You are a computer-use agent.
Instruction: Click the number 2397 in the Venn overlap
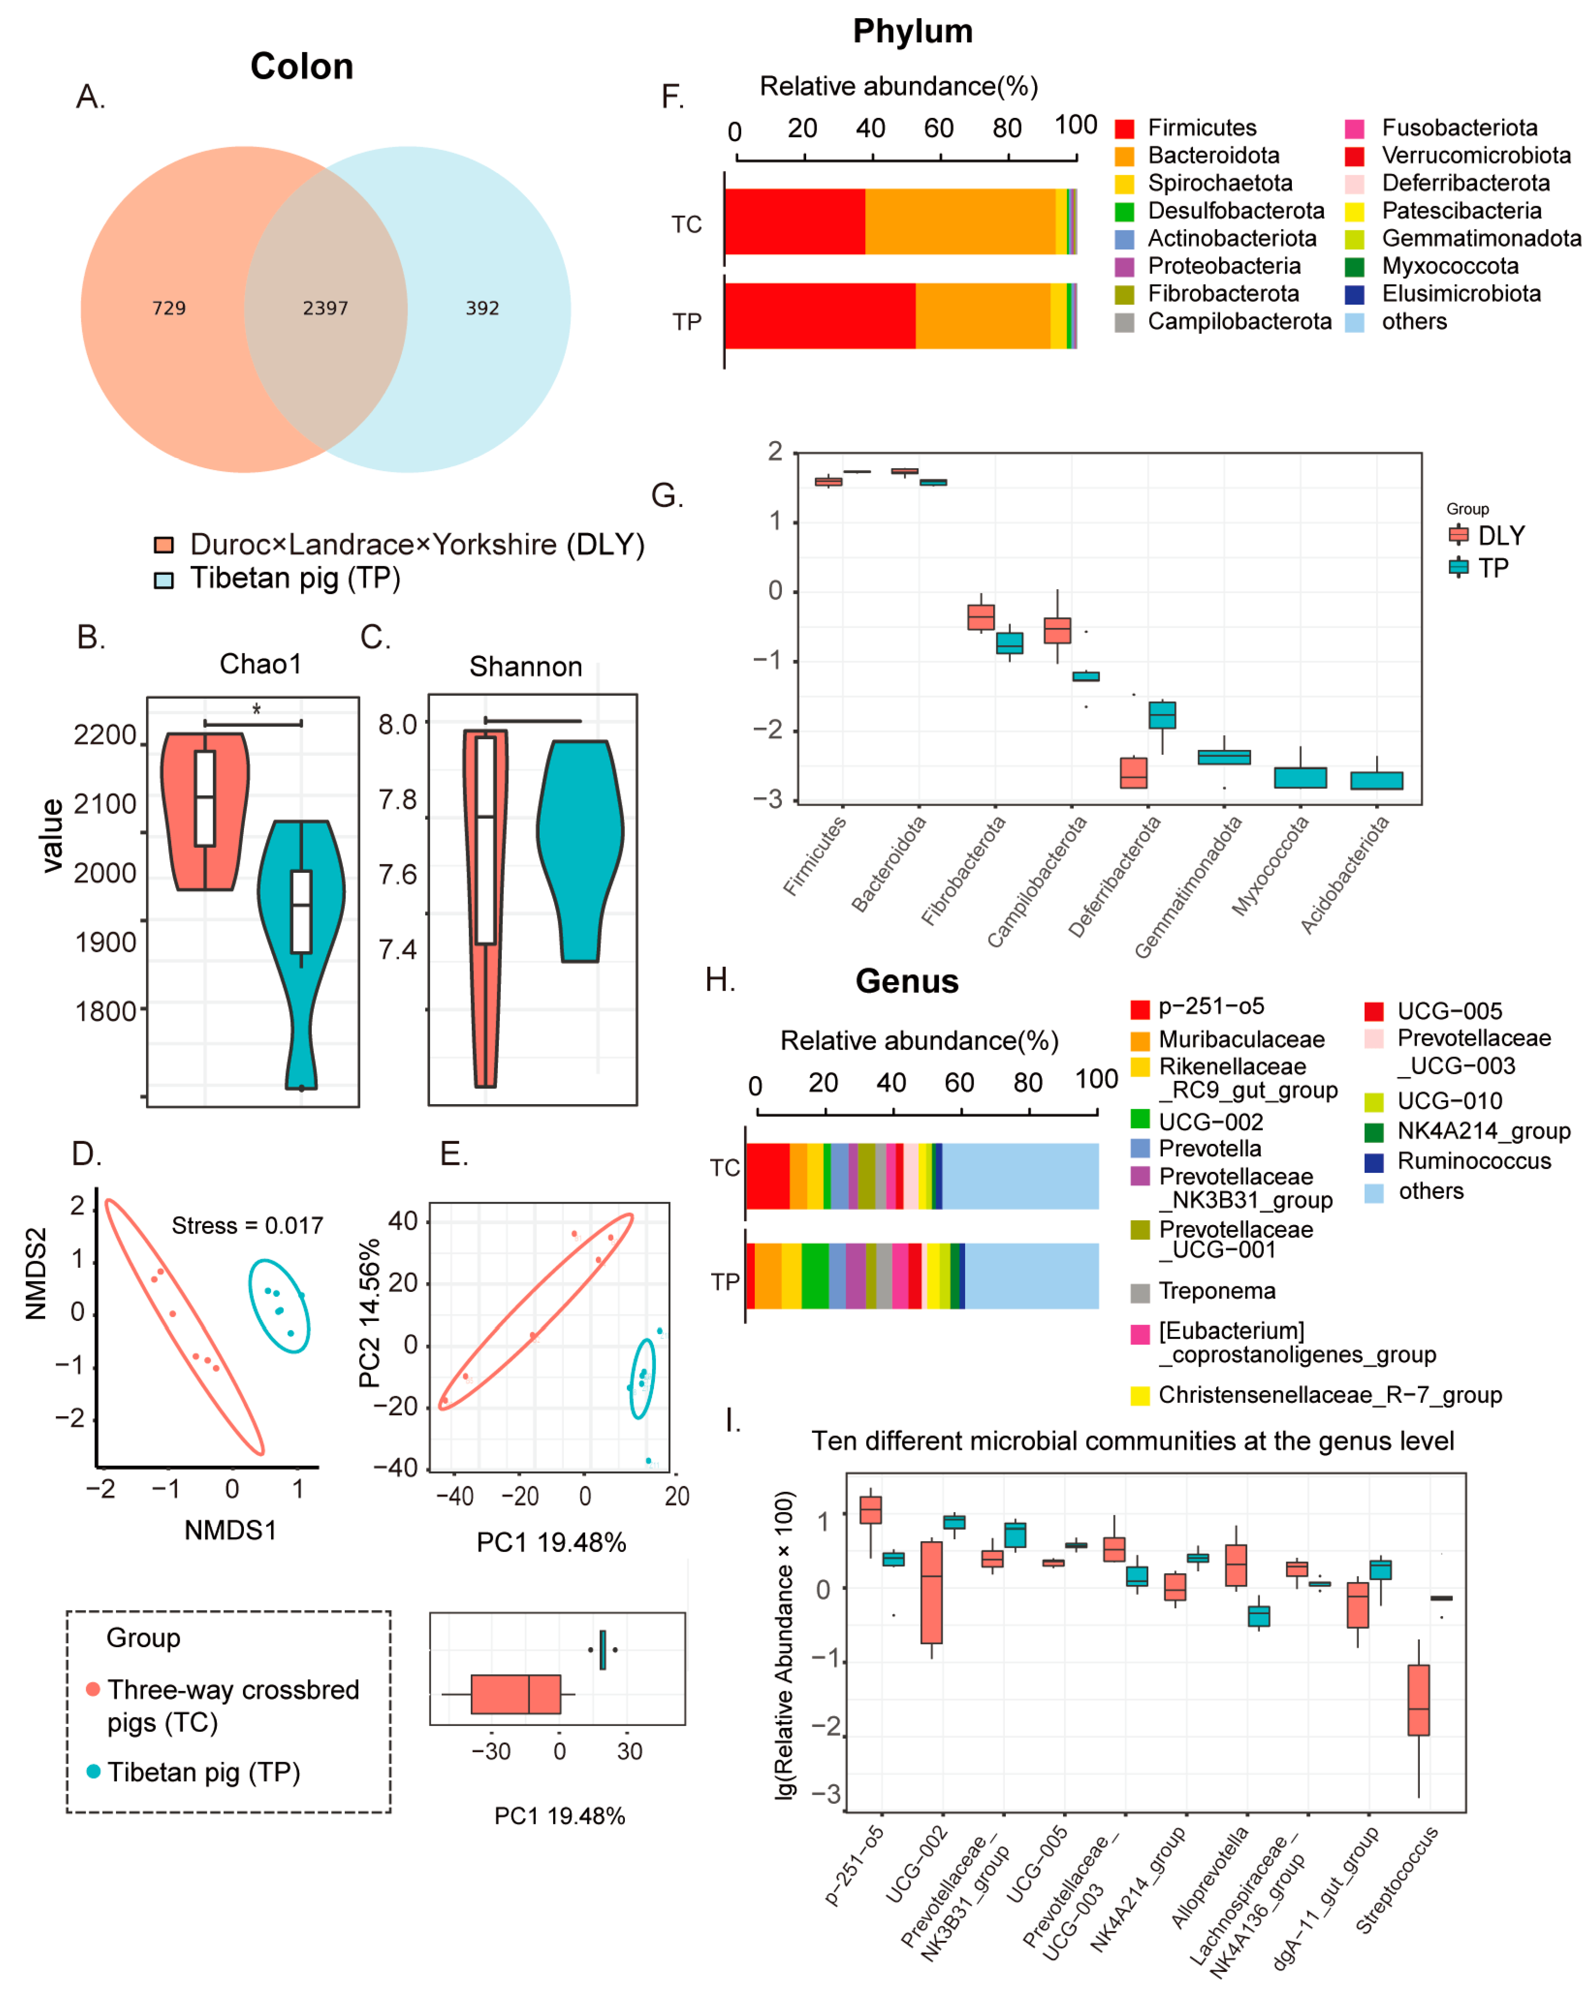click(x=325, y=308)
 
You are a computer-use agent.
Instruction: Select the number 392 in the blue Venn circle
click(x=482, y=308)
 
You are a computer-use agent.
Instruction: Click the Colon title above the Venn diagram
click(x=301, y=67)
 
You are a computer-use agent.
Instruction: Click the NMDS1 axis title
click(x=230, y=1530)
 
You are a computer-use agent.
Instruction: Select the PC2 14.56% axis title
click(x=369, y=1312)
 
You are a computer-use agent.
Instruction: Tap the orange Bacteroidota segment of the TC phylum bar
click(x=960, y=222)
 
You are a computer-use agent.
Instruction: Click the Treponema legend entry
click(x=1217, y=1291)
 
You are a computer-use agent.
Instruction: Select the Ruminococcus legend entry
click(x=1474, y=1161)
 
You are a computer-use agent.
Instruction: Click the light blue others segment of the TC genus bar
click(x=1020, y=1176)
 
